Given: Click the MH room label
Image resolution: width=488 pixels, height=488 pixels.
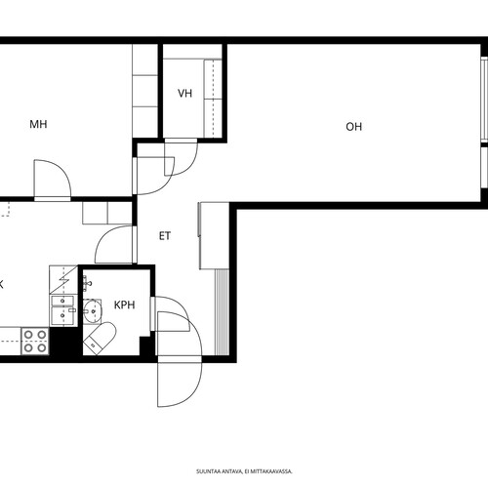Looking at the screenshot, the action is coord(38,124).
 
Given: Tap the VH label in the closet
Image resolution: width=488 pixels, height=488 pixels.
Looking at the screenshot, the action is coord(184,94).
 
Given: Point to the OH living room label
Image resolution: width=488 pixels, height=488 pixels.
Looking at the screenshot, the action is coord(353,127).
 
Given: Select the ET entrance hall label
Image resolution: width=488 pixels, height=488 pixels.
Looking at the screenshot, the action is coord(165,236).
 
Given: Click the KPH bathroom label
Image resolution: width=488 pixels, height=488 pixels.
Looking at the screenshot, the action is coord(124,305).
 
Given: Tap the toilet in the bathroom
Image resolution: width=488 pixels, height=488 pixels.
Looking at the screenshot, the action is coord(100,339).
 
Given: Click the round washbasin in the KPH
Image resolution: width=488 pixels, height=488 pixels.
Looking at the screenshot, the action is coord(93,311).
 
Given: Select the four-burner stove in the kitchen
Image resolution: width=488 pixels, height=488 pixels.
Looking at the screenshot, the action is coord(35,341).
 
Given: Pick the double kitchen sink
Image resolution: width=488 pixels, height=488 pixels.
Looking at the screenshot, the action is coord(63,310).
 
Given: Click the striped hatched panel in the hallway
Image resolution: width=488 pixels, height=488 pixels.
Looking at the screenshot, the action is coord(222,312).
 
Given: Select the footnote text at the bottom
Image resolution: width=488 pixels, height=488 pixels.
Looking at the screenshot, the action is coord(244,471).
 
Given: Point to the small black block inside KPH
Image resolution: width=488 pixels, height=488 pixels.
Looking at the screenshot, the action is coord(145,346).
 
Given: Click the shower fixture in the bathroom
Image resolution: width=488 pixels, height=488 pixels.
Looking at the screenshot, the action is coord(87,284).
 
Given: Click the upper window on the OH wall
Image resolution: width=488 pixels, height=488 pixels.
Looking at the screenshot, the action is coord(484,100).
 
